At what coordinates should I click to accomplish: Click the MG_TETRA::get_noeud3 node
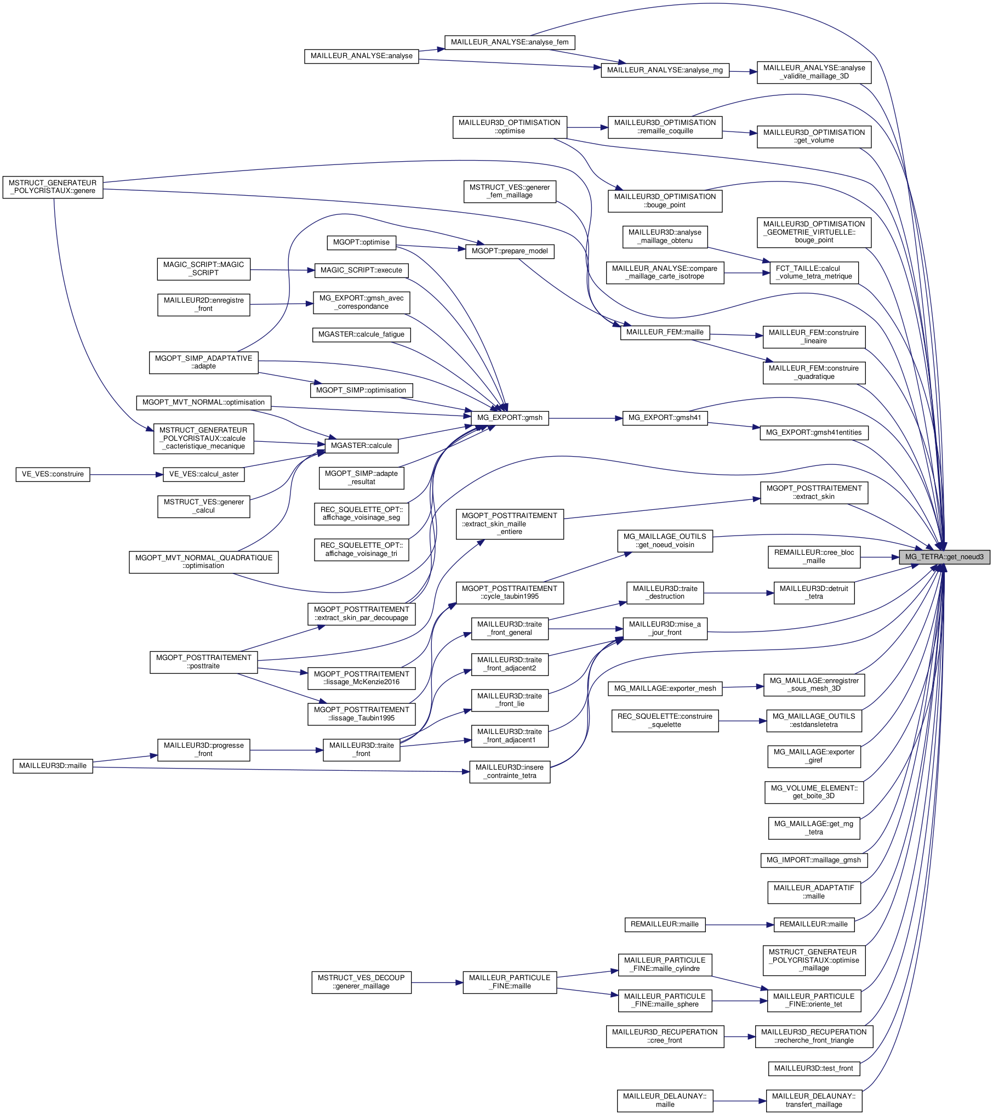tap(944, 557)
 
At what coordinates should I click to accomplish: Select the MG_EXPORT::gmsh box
tap(510, 418)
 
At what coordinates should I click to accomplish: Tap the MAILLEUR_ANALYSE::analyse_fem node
tap(510, 42)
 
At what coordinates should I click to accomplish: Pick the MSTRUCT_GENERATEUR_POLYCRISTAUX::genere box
tap(53, 187)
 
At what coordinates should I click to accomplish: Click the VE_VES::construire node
tap(53, 474)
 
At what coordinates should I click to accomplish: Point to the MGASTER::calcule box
tap(361, 446)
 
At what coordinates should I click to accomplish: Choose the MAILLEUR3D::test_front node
tap(813, 1068)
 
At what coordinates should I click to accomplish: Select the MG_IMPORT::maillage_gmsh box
tap(813, 860)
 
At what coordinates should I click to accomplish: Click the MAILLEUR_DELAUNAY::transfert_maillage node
tap(813, 1100)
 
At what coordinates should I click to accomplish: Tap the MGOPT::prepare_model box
tap(510, 251)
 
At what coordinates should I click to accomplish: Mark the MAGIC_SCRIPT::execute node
tap(361, 270)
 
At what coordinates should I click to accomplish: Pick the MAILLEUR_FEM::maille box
tap(665, 332)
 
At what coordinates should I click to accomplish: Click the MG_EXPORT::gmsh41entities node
tap(813, 433)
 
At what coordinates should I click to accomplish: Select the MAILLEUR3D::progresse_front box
tap(203, 749)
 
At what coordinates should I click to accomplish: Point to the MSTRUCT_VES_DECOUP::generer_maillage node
tap(361, 982)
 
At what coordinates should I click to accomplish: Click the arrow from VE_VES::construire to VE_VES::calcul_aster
tap(126, 475)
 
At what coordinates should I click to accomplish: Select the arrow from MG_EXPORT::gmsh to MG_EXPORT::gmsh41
tap(585, 418)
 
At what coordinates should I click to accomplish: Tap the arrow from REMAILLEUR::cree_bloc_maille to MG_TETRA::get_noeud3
tap(880, 557)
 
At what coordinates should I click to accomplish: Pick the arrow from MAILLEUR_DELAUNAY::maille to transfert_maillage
tap(739, 1101)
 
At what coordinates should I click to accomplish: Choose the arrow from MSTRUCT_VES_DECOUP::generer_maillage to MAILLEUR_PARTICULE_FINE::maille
tap(437, 983)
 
